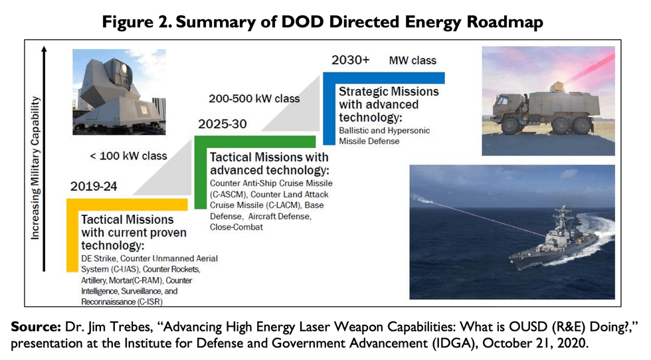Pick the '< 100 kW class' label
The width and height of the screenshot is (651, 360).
click(128, 156)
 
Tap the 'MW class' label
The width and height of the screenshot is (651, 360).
click(413, 60)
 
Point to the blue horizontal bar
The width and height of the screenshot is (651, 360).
click(389, 77)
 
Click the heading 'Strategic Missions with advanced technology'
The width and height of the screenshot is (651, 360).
click(388, 104)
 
